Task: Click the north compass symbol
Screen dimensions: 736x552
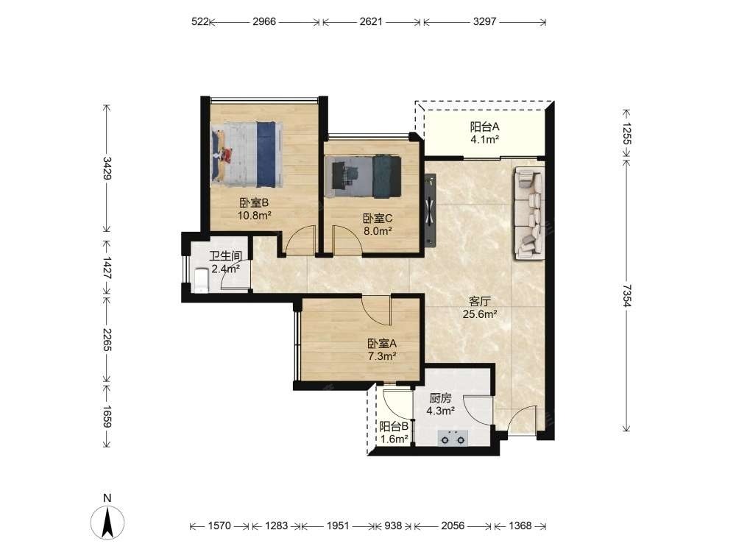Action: click(x=107, y=522)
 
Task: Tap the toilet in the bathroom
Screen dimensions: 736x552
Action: click(x=202, y=280)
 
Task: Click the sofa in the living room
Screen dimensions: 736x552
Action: click(x=529, y=213)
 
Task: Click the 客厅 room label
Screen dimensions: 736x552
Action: click(x=479, y=301)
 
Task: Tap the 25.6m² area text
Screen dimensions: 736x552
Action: click(x=480, y=314)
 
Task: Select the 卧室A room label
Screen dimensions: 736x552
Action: click(x=382, y=344)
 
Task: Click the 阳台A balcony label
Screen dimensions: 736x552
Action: click(x=485, y=127)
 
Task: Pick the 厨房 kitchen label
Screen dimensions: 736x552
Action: click(x=440, y=398)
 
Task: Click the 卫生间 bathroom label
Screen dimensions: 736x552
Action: click(x=226, y=256)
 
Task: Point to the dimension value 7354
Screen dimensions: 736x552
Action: click(x=626, y=295)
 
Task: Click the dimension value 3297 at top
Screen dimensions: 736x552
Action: click(x=484, y=21)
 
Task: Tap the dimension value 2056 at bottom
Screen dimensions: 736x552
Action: click(x=453, y=526)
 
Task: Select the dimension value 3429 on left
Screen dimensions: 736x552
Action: click(x=107, y=168)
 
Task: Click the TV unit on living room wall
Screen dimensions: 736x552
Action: click(x=430, y=209)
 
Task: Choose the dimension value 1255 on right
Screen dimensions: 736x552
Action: click(x=626, y=133)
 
